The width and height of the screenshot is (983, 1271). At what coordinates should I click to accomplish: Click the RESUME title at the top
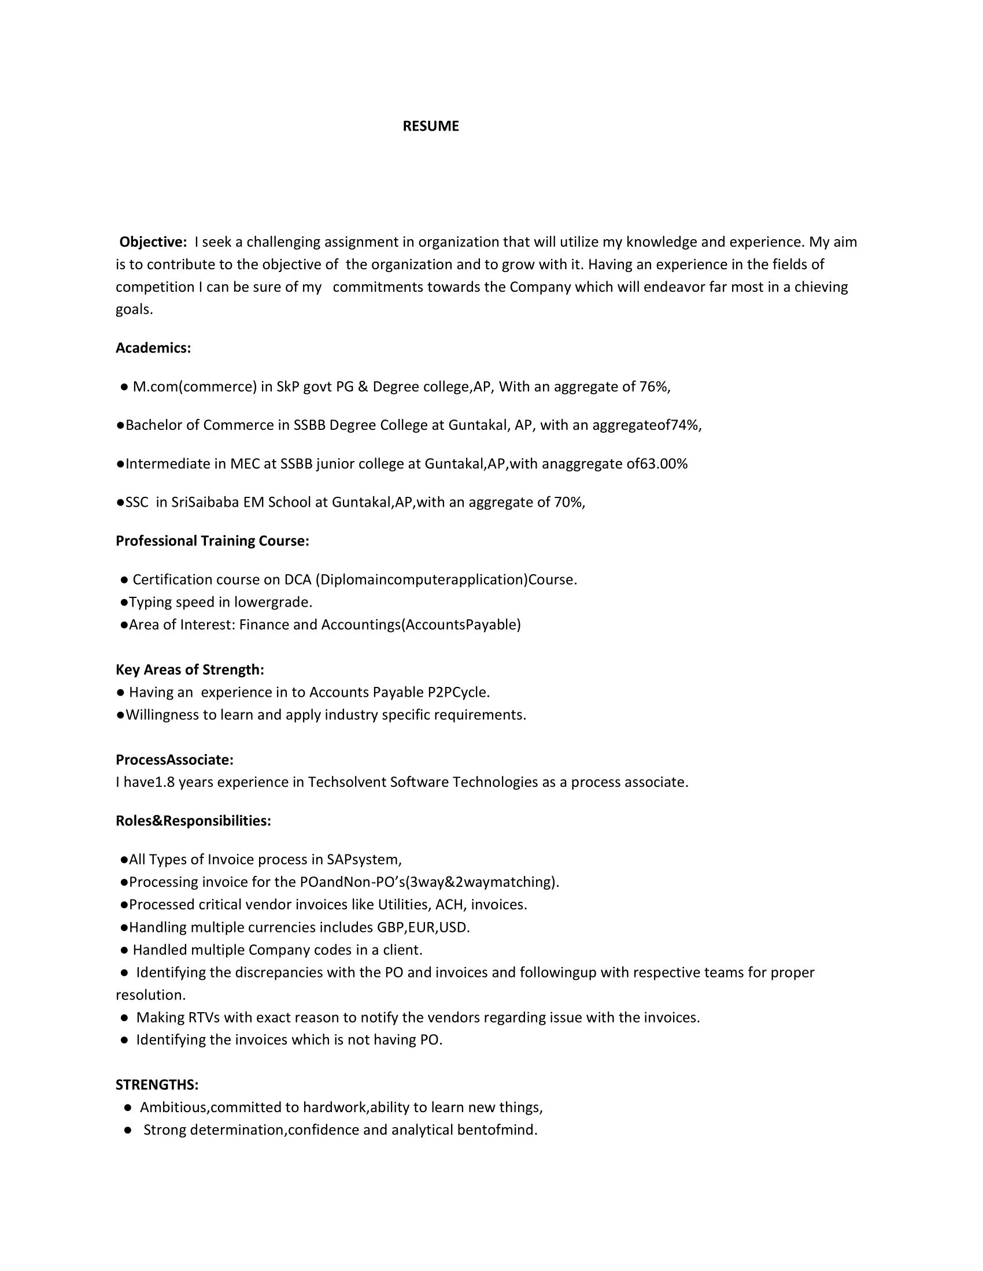point(430,127)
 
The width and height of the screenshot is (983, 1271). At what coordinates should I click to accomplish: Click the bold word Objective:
point(153,241)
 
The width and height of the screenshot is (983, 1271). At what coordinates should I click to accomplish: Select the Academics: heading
point(153,348)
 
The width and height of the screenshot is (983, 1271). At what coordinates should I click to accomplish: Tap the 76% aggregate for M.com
point(654,387)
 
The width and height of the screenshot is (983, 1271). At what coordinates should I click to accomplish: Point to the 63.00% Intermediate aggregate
point(664,464)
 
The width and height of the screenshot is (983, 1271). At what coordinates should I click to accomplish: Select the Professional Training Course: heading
point(212,541)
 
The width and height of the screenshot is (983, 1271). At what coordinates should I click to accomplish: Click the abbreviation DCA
point(298,579)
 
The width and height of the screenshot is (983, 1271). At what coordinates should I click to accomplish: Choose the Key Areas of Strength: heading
point(190,670)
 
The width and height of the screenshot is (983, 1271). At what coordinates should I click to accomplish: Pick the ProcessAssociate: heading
point(174,760)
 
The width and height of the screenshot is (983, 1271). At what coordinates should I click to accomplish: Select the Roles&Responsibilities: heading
point(193,821)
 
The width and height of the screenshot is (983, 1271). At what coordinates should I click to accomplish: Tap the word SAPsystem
point(363,860)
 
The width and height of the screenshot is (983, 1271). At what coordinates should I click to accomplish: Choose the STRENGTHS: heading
point(157,1085)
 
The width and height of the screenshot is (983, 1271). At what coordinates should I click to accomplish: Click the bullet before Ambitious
point(128,1108)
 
